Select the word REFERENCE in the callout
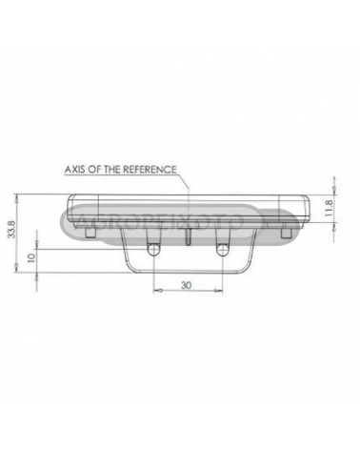click(150, 169)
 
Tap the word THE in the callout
click(111, 169)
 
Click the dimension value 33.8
click(12, 230)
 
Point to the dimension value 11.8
click(329, 208)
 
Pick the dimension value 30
click(187, 285)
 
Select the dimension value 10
click(30, 258)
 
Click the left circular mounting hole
click(153, 250)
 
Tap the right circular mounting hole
click(223, 250)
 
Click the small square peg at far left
click(90, 233)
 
